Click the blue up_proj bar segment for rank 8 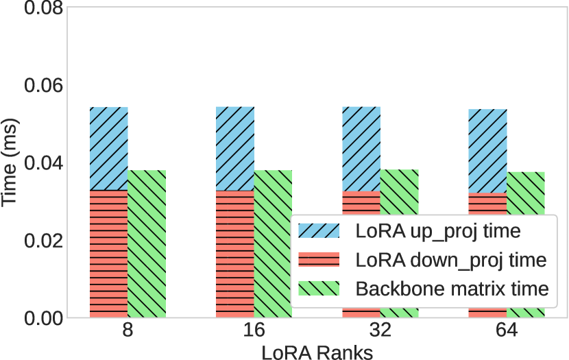point(109,149)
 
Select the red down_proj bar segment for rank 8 point(109,254)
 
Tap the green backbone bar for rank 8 point(147,243)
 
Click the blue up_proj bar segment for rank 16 point(235,149)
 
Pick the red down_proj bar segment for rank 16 point(235,254)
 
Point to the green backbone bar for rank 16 point(273,243)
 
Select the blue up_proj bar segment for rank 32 point(361,149)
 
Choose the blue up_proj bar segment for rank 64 point(487,151)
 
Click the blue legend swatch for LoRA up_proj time point(319,230)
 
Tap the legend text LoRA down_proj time point(450,260)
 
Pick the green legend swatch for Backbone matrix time point(319,289)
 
